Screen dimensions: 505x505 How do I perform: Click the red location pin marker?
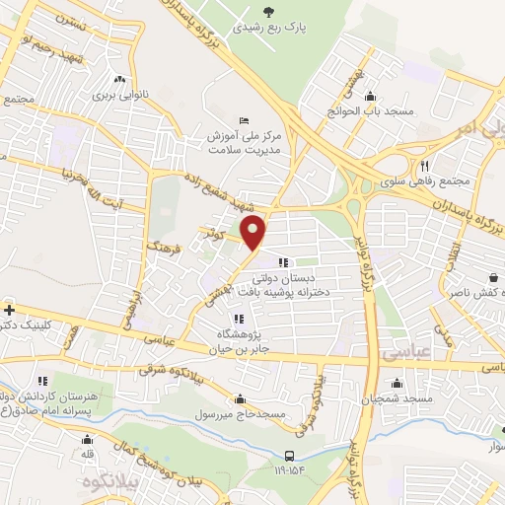(x=253, y=233)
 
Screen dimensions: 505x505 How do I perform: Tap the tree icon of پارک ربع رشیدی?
(x=269, y=13)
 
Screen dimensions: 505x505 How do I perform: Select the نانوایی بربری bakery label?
(x=118, y=96)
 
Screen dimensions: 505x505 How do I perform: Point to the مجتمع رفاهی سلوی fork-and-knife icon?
(x=424, y=166)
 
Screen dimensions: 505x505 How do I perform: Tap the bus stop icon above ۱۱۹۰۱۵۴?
(x=288, y=455)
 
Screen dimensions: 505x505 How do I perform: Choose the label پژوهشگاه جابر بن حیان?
(x=244, y=339)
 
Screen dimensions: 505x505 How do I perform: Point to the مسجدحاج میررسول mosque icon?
(x=241, y=398)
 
